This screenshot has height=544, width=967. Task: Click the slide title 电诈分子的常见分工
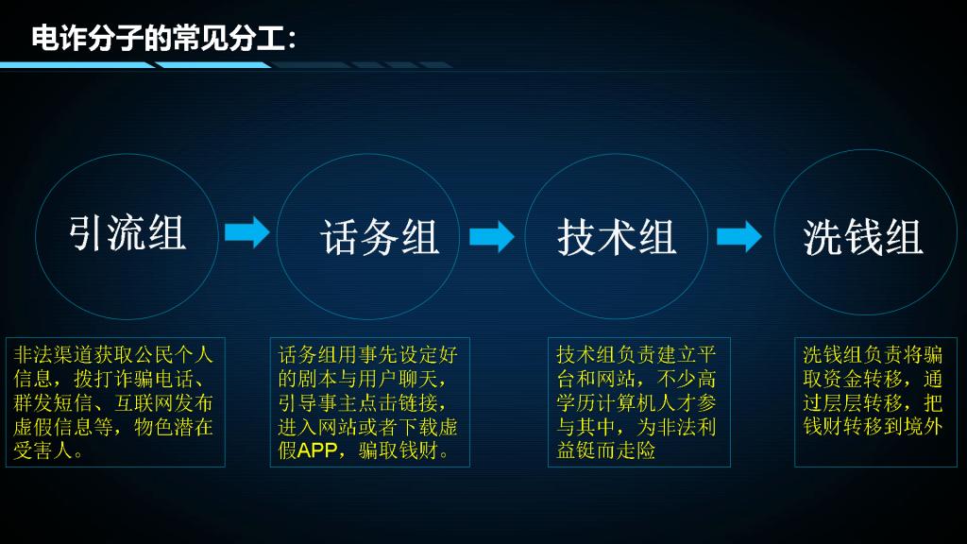click(x=164, y=38)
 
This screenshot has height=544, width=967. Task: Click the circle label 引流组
click(x=127, y=233)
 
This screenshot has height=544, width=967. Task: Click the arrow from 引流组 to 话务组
click(x=247, y=232)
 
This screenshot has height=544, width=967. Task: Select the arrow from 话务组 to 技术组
click(x=491, y=236)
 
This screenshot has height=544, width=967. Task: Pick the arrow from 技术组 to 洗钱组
click(x=738, y=236)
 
